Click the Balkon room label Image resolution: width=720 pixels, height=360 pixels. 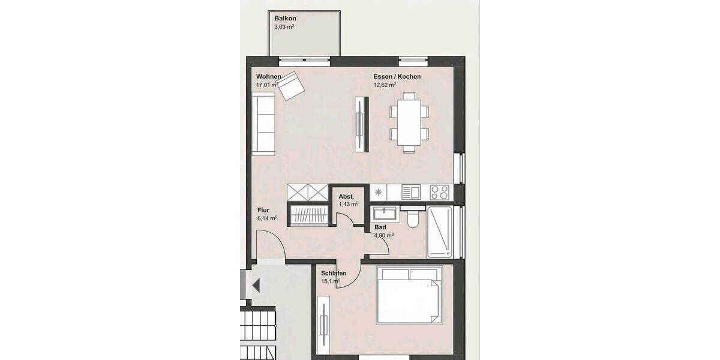point(286,19)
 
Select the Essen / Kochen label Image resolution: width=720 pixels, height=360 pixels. point(397,77)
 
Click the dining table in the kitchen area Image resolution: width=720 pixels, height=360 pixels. point(409,122)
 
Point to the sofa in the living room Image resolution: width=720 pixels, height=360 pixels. point(264,124)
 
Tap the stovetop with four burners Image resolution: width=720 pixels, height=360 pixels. point(440,193)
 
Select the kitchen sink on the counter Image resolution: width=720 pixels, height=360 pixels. point(411,193)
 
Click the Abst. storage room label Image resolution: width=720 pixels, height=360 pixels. point(346,196)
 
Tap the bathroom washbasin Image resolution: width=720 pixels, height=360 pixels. point(383,213)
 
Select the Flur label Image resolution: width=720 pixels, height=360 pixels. point(263,211)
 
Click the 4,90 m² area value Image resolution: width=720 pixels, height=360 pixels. point(384,236)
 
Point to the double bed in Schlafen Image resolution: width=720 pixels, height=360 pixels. point(407,296)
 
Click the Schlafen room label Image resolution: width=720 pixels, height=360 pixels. point(334,273)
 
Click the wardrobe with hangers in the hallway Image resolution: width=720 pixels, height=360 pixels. point(309,215)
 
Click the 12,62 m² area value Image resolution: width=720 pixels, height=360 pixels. point(385,85)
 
